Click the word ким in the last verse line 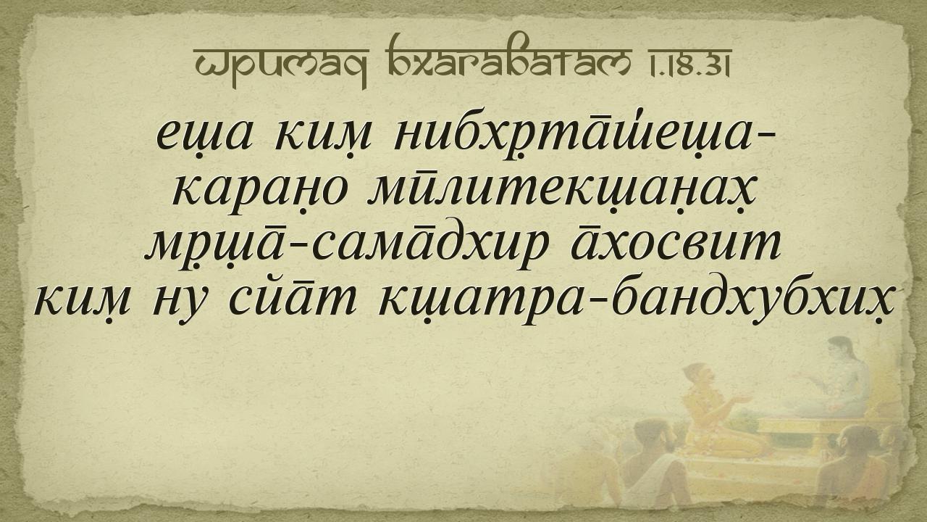pos(82,304)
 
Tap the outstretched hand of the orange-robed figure pos(740,399)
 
